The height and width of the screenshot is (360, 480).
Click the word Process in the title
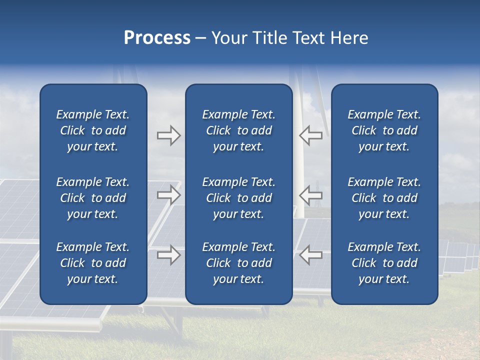[157, 38]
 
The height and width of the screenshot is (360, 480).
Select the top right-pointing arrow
[168, 135]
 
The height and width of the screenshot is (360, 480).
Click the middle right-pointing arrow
[168, 195]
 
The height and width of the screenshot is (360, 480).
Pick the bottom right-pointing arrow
[168, 255]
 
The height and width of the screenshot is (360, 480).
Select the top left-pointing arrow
[310, 135]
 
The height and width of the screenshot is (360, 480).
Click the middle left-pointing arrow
[310, 195]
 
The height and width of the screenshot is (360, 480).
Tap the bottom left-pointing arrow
[310, 255]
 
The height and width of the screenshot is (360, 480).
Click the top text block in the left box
[93, 130]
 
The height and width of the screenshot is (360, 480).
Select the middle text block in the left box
[93, 198]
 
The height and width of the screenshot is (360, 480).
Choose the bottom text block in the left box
[93, 263]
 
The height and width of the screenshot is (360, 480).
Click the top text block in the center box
[238, 130]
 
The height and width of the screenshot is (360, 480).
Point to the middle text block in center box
[238, 198]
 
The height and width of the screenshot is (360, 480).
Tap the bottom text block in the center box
[238, 263]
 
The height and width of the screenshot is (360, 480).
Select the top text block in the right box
[384, 130]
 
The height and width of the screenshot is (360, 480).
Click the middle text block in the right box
[384, 198]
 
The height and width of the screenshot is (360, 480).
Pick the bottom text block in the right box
[384, 263]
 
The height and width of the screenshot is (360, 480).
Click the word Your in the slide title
[229, 38]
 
